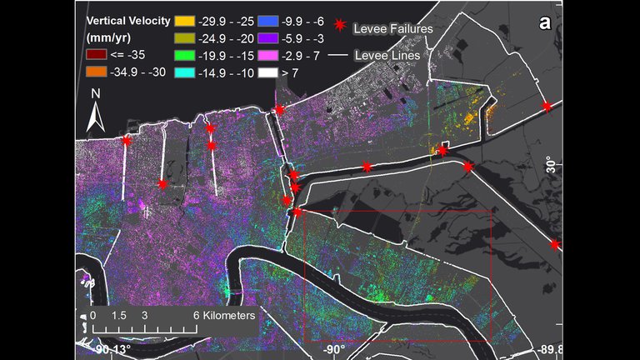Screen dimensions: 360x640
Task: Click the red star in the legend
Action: pos(340,25)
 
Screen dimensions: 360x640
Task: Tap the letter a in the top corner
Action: pos(545,23)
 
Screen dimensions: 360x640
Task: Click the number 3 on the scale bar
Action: pos(144,317)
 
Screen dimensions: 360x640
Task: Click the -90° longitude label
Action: pos(335,349)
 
